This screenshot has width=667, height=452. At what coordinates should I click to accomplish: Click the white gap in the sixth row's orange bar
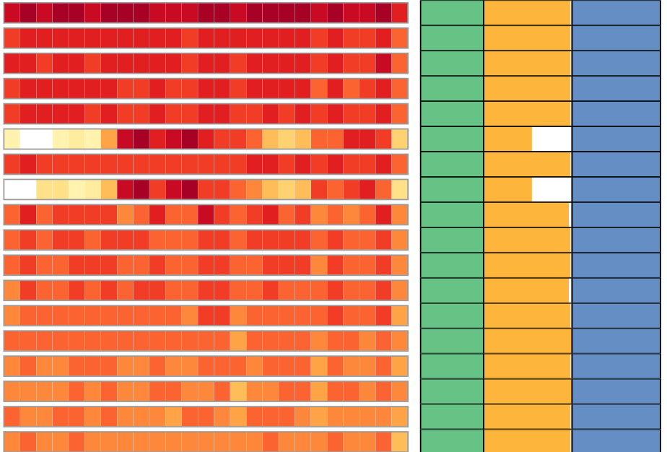click(552, 139)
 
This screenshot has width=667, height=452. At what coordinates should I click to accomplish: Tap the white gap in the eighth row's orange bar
click(552, 189)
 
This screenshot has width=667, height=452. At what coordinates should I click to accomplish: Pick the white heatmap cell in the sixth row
click(35, 139)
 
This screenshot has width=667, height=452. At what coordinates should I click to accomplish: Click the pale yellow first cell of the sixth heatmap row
click(12, 139)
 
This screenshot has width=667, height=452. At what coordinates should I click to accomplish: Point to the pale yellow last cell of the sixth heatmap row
click(399, 139)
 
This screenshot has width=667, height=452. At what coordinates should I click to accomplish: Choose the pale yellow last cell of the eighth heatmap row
click(399, 189)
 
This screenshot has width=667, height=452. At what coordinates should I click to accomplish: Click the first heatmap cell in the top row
click(12, 12)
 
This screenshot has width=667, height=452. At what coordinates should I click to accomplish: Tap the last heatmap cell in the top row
click(399, 12)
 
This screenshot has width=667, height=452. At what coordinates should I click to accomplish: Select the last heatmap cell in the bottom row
click(399, 441)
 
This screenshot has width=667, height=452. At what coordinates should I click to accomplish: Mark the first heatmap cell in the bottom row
click(12, 441)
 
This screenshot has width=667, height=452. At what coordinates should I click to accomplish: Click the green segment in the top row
click(452, 12)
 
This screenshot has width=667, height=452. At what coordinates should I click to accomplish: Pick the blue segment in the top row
click(616, 12)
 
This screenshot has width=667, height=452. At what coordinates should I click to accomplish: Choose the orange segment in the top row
click(528, 12)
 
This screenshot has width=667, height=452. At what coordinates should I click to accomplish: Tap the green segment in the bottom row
click(452, 440)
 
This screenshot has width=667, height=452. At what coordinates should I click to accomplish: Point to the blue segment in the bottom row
click(616, 440)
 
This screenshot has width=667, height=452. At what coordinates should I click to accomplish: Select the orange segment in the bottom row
click(528, 440)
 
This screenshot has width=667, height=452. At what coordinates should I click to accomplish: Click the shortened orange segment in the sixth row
click(507, 139)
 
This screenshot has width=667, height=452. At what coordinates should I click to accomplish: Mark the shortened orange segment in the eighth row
click(507, 189)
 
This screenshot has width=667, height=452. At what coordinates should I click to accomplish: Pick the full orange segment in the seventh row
click(528, 164)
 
